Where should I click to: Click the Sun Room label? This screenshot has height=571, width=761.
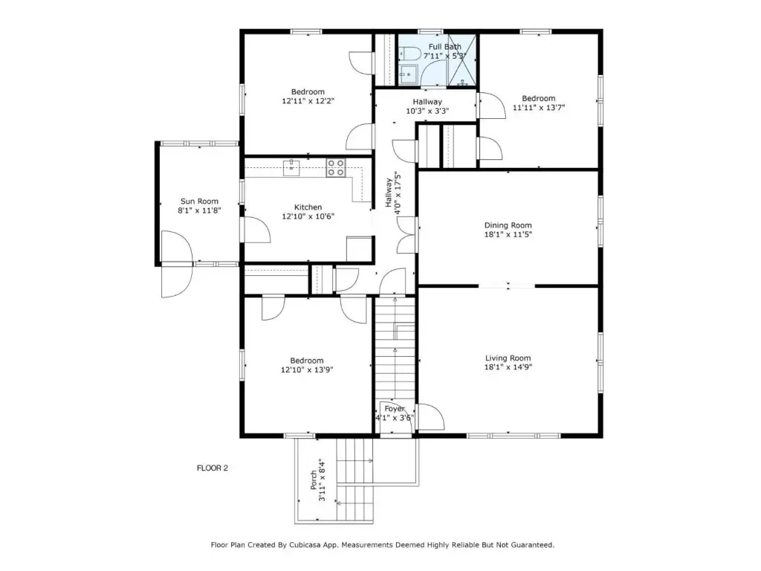click(199, 201)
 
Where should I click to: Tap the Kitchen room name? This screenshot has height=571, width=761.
click(308, 207)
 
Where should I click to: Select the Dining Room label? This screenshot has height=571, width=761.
click(508, 225)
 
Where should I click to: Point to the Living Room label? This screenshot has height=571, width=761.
click(508, 358)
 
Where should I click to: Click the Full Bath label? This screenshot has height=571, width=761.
click(445, 47)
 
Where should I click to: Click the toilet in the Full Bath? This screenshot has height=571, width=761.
click(408, 54)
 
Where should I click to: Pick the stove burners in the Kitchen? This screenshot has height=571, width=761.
click(336, 167)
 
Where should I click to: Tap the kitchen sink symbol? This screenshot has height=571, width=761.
click(291, 167)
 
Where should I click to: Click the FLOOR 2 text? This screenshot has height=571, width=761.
click(212, 468)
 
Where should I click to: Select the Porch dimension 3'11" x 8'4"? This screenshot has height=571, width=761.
click(322, 481)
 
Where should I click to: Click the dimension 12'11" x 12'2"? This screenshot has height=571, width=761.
click(308, 101)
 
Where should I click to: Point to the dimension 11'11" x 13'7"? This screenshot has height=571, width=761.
click(539, 108)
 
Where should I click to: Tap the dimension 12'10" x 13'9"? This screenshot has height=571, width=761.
click(307, 370)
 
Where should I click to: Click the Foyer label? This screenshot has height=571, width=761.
click(395, 409)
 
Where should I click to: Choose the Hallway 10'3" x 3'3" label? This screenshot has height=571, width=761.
click(427, 106)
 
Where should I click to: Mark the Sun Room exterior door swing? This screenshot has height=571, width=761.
click(177, 264)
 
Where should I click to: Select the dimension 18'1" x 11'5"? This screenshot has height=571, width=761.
click(508, 234)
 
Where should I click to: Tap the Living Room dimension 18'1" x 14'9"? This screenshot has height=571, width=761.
click(508, 367)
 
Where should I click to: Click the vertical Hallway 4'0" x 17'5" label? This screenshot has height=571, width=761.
click(393, 193)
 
